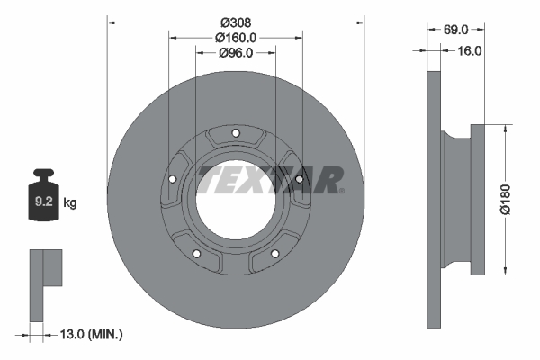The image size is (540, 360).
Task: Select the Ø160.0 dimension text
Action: tap(236, 38)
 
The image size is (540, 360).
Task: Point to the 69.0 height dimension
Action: tap(456, 30)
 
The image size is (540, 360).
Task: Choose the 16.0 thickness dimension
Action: tap(470, 50)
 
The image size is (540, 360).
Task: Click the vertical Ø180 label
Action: tap(506, 198)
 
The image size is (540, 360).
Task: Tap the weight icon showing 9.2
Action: tap(43, 199)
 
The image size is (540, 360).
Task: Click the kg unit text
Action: tap(70, 203)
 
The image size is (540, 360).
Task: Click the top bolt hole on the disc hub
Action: tap(236, 134)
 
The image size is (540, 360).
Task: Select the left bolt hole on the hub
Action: tap(172, 180)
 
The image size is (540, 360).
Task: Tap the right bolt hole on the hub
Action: tap(299, 180)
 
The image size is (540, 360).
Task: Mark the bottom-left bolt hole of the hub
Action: tap(196, 255)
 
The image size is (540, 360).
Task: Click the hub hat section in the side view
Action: tap(459, 198)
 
